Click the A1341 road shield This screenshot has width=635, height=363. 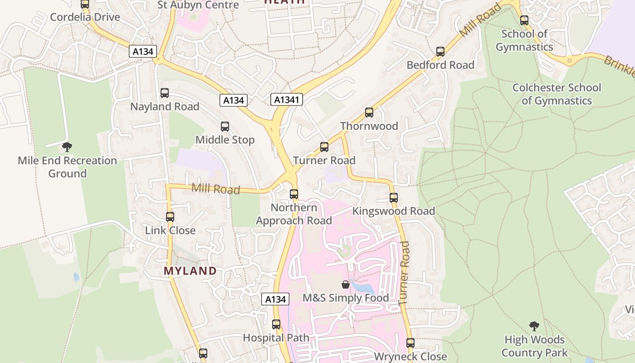(287, 99)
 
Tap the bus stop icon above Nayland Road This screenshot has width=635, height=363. (165, 93)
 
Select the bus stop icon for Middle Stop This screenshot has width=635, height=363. (225, 127)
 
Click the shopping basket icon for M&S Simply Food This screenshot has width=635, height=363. (346, 285)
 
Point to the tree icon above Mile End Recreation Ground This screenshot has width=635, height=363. (67, 147)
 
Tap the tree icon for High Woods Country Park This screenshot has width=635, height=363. (534, 326)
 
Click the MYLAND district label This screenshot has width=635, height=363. (190, 271)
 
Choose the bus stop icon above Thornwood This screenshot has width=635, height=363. (369, 112)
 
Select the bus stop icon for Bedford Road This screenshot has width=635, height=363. (440, 51)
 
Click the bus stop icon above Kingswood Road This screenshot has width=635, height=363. (394, 197)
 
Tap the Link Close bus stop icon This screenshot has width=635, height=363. (170, 216)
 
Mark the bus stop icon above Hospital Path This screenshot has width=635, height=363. (276, 324)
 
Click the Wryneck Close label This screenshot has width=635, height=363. (410, 357)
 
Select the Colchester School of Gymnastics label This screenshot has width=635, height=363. (557, 94)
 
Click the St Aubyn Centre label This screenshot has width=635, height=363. (198, 5)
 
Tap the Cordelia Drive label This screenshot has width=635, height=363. (85, 17)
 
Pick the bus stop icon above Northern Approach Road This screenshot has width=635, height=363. (294, 194)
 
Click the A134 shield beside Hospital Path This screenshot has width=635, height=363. (275, 299)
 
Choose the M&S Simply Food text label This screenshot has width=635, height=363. (346, 298)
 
